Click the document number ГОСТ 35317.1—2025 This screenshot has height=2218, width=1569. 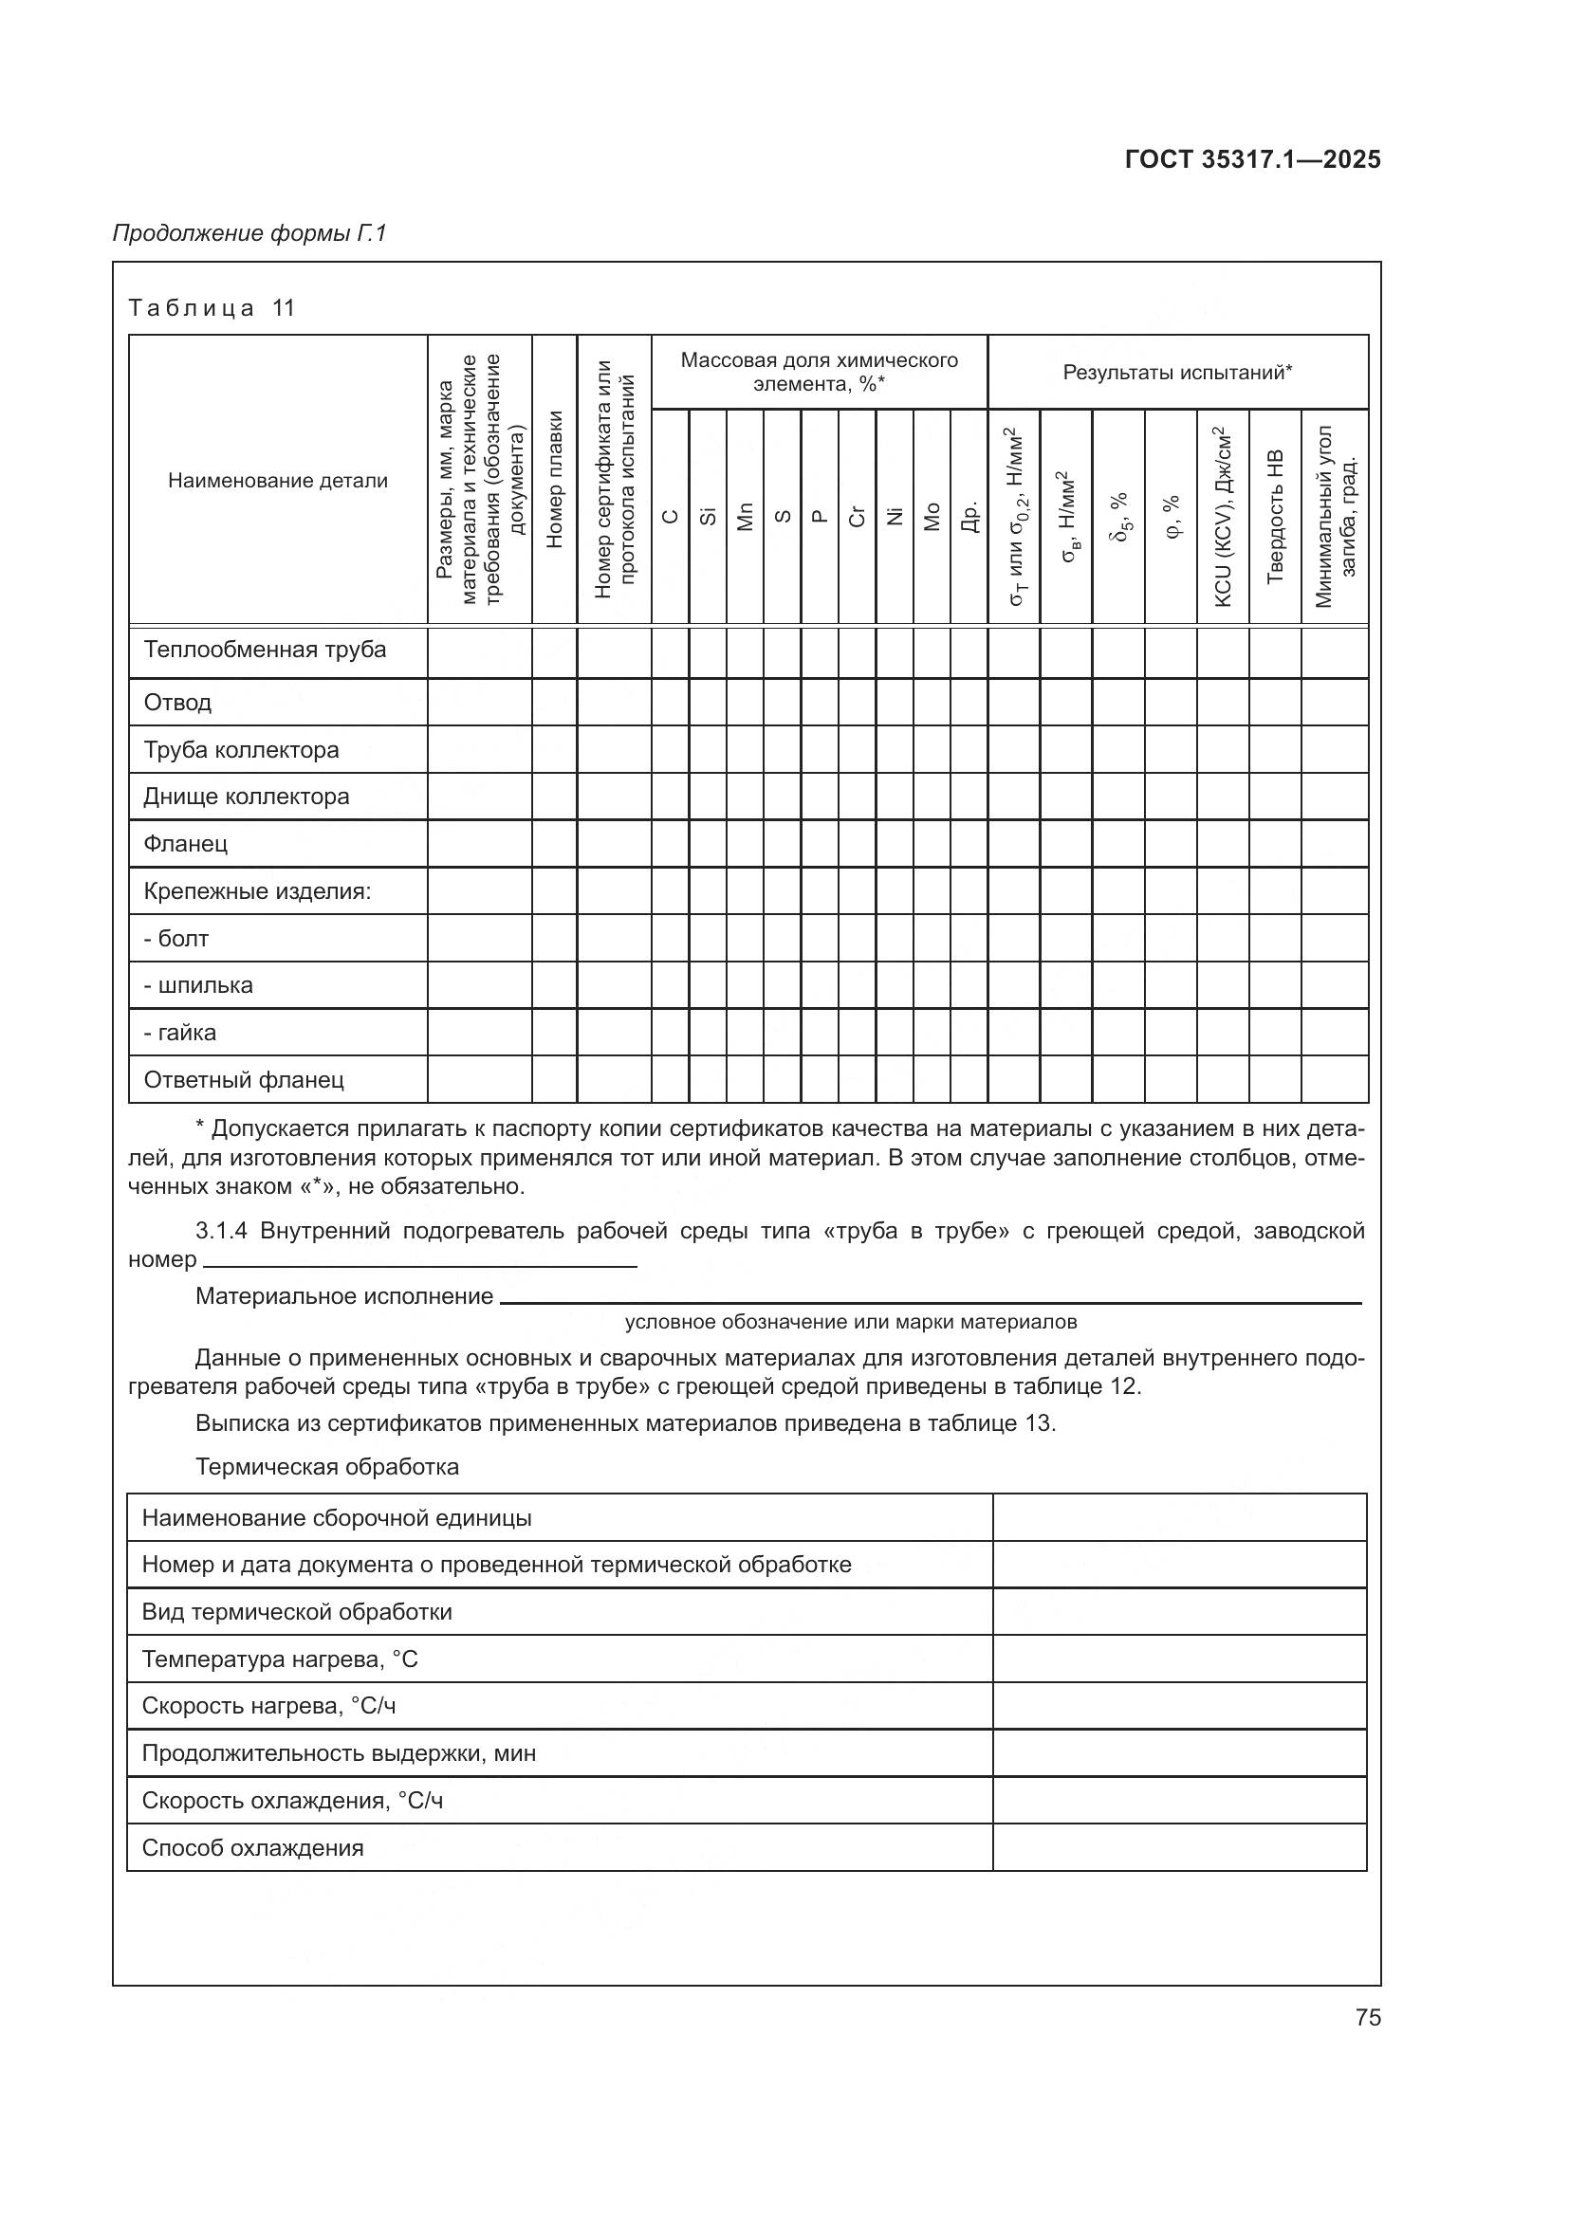(x=1252, y=159)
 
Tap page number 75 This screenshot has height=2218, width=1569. (x=1367, y=2017)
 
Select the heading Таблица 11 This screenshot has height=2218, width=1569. (x=212, y=308)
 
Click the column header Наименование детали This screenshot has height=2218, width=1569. (x=278, y=480)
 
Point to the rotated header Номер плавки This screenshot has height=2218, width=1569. (x=555, y=480)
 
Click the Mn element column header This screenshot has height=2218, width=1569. (x=745, y=517)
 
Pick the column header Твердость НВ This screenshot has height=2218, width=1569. (x=1274, y=517)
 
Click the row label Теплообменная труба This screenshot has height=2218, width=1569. (x=265, y=650)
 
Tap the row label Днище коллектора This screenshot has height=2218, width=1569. (x=247, y=796)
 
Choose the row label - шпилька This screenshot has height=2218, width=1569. (x=198, y=985)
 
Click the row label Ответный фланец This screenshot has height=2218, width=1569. (x=244, y=1079)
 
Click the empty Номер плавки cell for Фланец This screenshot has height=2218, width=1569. (x=555, y=843)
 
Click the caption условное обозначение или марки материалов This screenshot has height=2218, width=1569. (x=850, y=1322)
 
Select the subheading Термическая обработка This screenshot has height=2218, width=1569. (x=326, y=1466)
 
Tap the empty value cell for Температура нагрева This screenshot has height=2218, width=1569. (x=1179, y=1659)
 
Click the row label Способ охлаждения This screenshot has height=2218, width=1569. (x=253, y=1848)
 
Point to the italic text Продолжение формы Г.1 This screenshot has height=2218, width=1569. (x=249, y=233)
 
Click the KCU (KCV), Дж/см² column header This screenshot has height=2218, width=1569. (x=1222, y=517)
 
